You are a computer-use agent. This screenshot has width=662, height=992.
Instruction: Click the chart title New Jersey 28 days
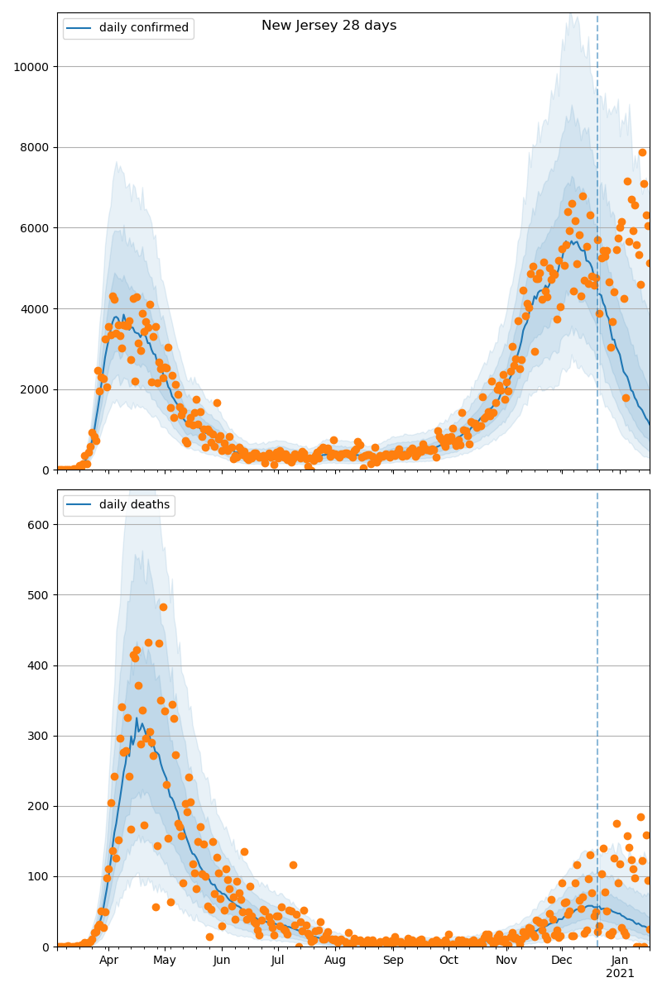click(x=329, y=26)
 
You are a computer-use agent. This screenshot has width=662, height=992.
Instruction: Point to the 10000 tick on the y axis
click(x=31, y=67)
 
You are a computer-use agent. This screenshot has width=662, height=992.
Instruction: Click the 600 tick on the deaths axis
click(x=37, y=525)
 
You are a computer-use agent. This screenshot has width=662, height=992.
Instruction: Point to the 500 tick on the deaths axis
click(x=37, y=595)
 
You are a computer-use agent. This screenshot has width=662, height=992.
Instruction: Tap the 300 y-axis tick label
click(x=37, y=736)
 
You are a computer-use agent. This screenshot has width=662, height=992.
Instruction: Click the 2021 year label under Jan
click(x=620, y=974)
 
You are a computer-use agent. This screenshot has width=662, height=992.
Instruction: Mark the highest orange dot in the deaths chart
click(x=163, y=607)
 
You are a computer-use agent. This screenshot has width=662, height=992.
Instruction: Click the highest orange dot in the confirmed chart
click(x=642, y=152)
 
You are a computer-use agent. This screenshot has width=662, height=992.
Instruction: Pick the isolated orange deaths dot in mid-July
click(x=293, y=865)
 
